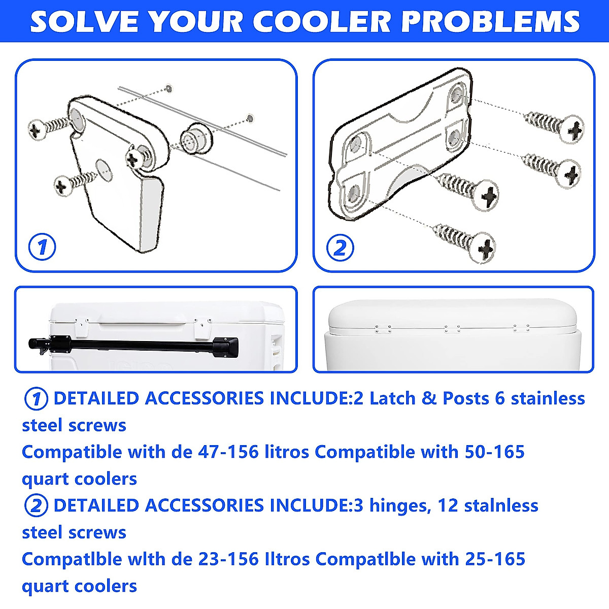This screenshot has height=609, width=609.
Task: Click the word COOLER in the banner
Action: pos(322,21)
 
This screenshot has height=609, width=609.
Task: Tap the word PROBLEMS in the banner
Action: pos(490,21)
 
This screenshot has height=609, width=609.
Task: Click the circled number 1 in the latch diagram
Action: pos(42,247)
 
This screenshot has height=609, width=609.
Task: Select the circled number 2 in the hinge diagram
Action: pos(340,248)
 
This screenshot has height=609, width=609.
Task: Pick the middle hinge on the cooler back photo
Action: pos(452,329)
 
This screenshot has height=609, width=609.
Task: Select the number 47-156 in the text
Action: pos(228,452)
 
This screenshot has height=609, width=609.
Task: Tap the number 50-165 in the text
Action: pos(495,452)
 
